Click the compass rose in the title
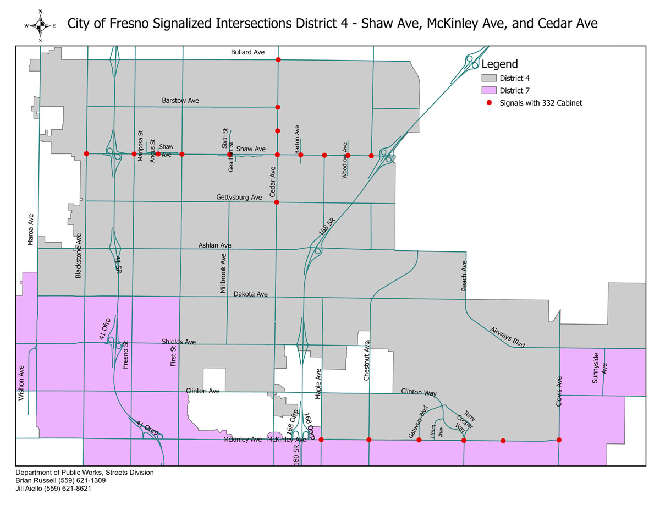[41, 25]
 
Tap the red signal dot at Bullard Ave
[278, 59]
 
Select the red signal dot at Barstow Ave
[278, 107]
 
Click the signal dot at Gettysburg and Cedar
[277, 202]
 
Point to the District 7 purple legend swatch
[488, 90]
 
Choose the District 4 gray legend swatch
[488, 78]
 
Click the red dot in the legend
[488, 103]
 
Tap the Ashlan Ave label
[215, 245]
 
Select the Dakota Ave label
[250, 294]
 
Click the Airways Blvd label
[508, 337]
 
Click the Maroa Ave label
[31, 229]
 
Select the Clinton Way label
[419, 393]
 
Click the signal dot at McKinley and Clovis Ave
[559, 440]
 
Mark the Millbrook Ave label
[223, 273]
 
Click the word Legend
[499, 64]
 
